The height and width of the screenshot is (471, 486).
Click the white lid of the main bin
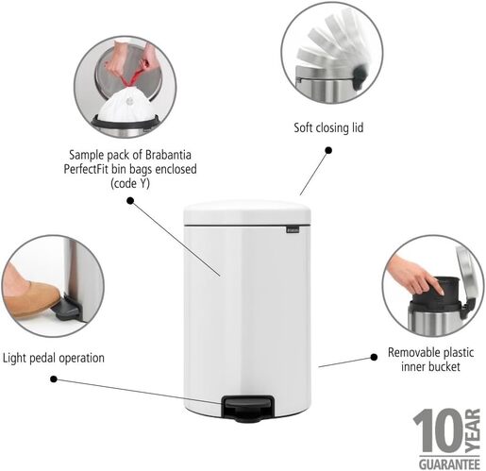click(x=247, y=214)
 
